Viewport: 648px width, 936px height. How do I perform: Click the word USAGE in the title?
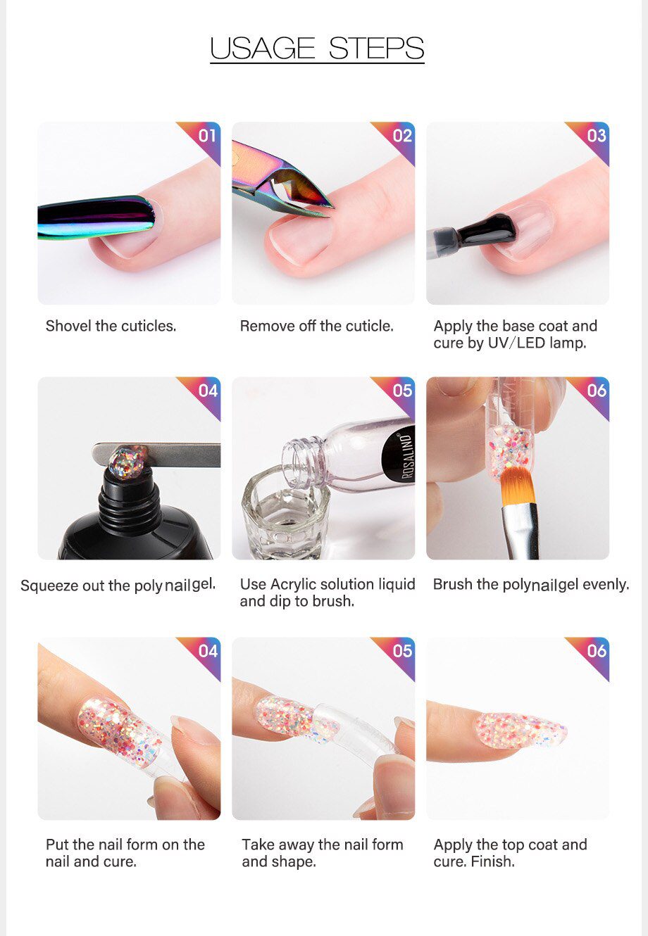coord(263,48)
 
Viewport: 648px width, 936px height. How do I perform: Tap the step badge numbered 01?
coord(206,135)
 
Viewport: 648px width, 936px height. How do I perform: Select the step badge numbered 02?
coord(401,135)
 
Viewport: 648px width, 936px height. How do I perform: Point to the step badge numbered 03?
coord(596,135)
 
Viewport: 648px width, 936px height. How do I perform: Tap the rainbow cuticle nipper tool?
coord(282,179)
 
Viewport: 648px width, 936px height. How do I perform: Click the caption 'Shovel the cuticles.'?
coord(111,326)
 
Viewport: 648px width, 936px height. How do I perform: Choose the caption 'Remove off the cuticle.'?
coord(316,326)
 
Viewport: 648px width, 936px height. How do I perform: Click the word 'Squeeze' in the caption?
coord(49,586)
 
